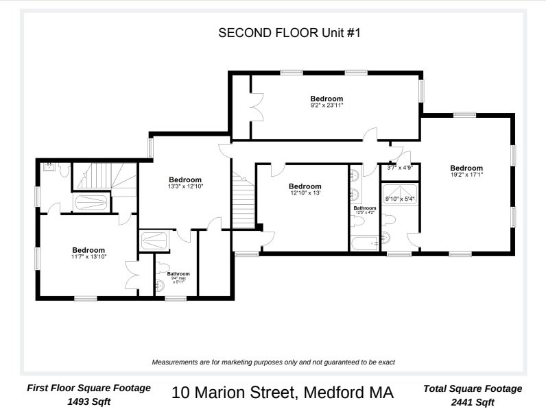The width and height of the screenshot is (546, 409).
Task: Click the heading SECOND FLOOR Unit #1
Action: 289,33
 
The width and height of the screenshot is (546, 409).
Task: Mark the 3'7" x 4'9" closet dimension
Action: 400,168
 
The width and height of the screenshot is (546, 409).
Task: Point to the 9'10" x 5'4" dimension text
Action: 400,199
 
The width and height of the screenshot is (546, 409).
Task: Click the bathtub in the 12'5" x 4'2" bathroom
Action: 365,243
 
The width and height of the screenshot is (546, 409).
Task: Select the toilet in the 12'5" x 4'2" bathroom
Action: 358,221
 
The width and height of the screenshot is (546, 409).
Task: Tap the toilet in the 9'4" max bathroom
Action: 163,268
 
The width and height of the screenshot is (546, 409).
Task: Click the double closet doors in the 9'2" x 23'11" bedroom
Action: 257,107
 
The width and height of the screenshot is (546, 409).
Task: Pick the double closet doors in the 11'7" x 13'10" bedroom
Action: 132,275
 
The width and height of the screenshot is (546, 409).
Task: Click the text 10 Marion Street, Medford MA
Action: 283,393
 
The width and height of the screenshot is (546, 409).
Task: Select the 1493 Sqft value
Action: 88,401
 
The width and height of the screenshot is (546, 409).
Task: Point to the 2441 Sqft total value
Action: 473,402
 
